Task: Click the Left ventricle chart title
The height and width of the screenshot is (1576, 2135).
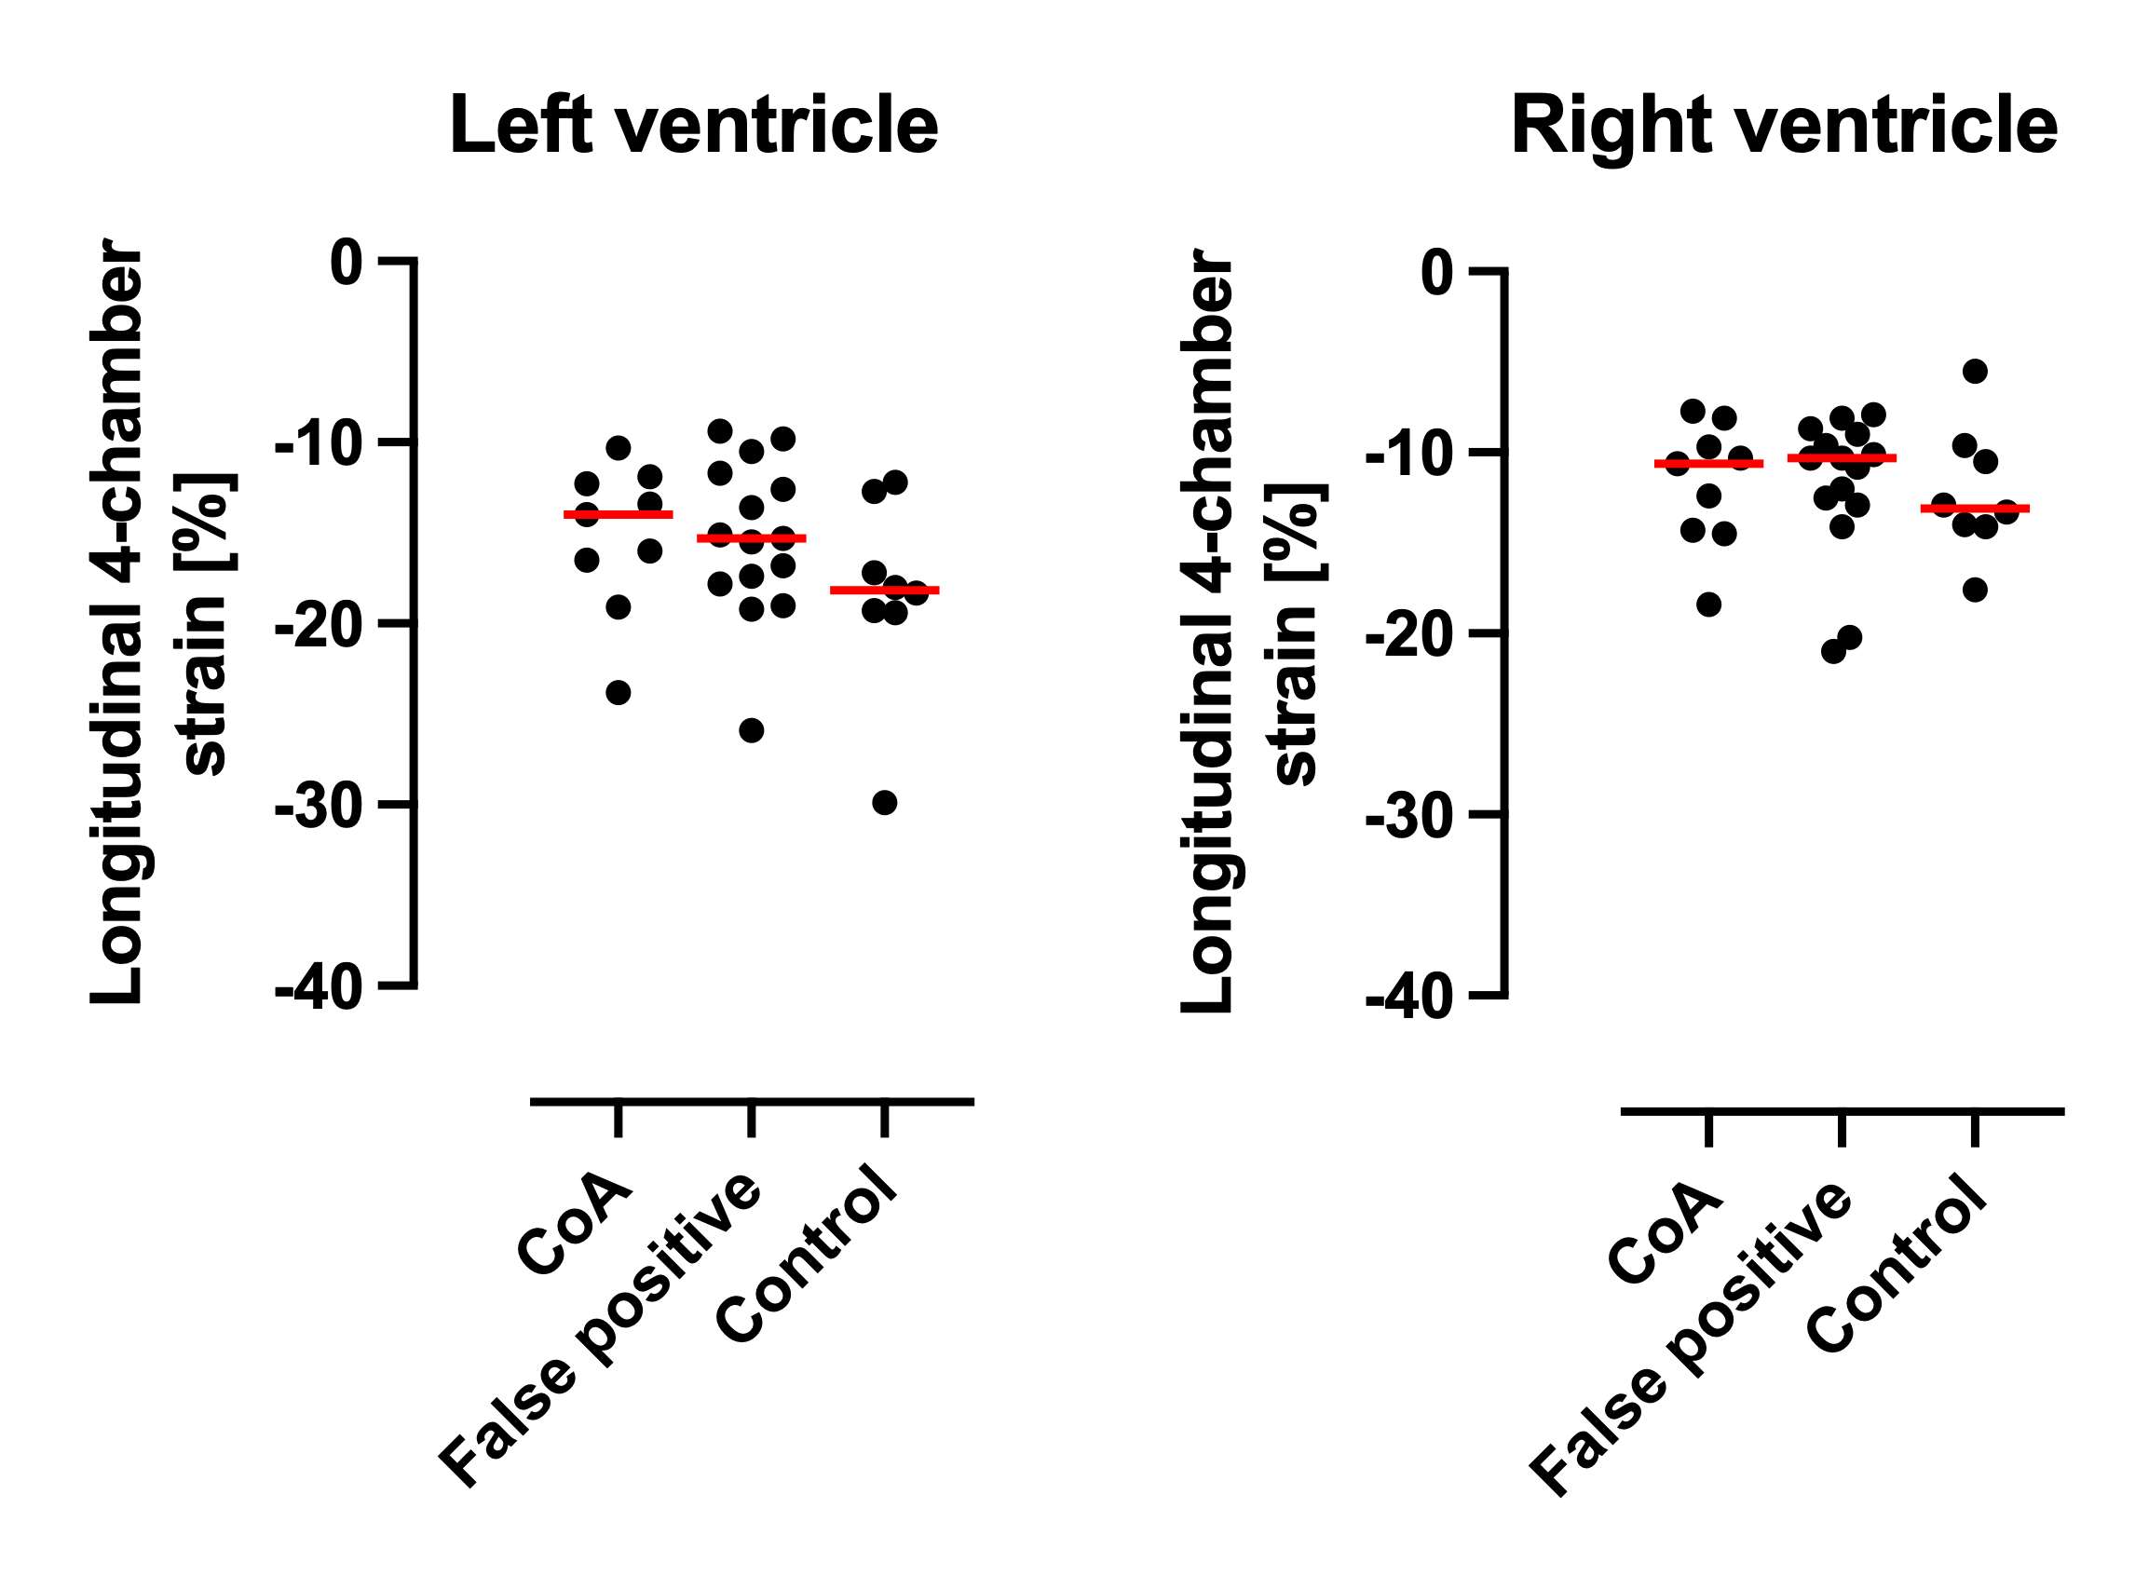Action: [694, 125]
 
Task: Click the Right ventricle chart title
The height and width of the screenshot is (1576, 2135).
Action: [1783, 125]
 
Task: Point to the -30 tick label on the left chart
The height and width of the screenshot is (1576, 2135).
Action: [319, 807]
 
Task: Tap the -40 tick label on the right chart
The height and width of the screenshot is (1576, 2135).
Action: [1410, 999]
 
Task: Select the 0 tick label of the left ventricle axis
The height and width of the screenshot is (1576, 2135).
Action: [347, 263]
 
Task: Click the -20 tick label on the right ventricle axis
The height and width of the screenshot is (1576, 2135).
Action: [1410, 634]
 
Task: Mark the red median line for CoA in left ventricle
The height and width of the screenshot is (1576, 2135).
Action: [619, 515]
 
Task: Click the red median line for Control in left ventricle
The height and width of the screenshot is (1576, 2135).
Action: [884, 591]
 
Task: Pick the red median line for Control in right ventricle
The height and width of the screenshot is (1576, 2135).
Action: [1975, 509]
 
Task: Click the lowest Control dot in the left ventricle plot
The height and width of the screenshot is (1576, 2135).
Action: [884, 803]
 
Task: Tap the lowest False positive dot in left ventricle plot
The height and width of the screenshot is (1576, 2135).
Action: [752, 731]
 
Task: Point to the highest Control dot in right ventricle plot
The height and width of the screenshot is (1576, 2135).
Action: [1975, 371]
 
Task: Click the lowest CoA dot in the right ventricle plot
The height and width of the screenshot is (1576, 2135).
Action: [1708, 604]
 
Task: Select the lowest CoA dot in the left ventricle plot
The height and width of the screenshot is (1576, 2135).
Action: [619, 693]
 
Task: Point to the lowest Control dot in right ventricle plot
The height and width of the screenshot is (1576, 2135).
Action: [1975, 590]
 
